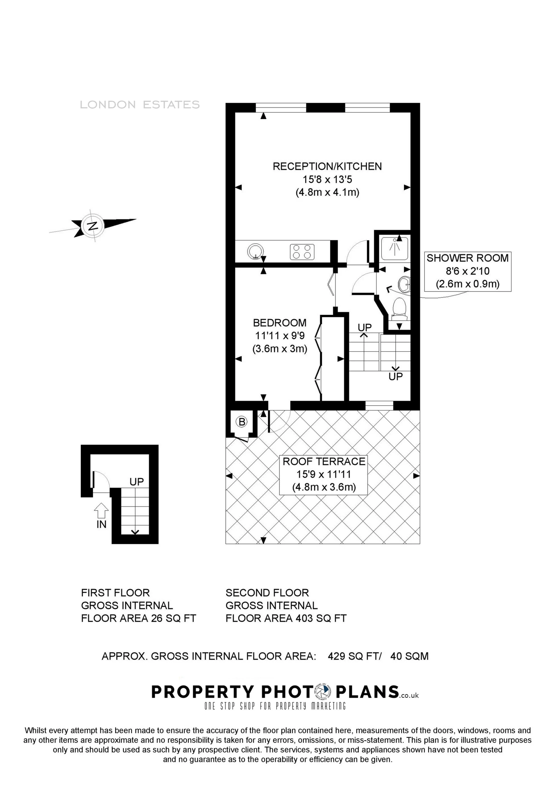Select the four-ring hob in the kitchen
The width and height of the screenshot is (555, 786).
[x=302, y=251]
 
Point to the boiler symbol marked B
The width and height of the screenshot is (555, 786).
[x=242, y=422]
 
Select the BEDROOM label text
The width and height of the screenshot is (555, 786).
[x=280, y=323]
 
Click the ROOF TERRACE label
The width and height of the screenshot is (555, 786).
[x=324, y=462]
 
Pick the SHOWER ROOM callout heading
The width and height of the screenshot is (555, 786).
[x=467, y=258]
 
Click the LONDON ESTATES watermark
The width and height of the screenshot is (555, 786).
[x=140, y=104]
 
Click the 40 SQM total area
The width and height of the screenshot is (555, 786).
[x=409, y=656]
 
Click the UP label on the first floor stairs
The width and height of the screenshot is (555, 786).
[x=136, y=482]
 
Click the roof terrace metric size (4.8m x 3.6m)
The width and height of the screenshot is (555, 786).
[x=324, y=487]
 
